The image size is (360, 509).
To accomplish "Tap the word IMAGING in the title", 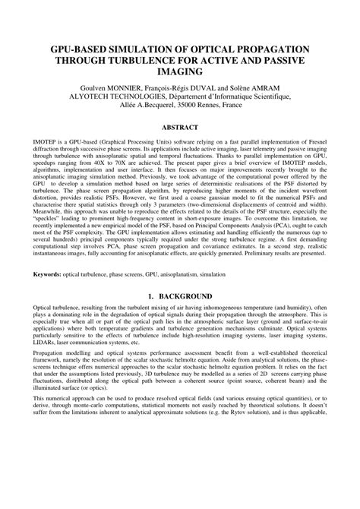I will click(180, 72).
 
